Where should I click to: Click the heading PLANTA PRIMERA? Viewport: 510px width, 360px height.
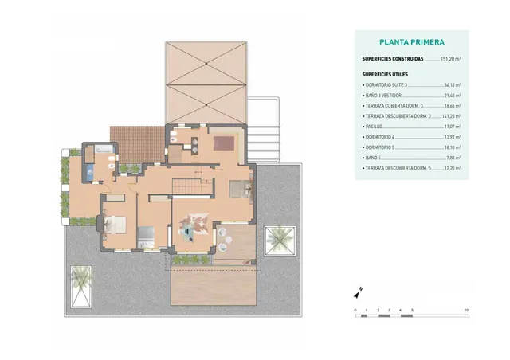click(412, 42)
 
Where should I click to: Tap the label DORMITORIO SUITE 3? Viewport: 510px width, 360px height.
click(385, 84)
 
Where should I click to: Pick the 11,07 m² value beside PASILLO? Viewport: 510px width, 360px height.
click(452, 127)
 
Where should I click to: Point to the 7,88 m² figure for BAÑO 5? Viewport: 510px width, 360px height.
click(453, 158)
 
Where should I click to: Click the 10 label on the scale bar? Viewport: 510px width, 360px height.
click(466, 309)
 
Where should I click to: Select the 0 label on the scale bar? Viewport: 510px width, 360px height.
click(355, 309)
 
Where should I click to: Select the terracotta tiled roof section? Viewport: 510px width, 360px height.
click(136, 143)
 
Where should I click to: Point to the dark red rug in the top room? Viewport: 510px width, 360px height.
click(223, 143)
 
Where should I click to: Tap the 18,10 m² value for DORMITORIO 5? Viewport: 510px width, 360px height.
click(452, 147)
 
